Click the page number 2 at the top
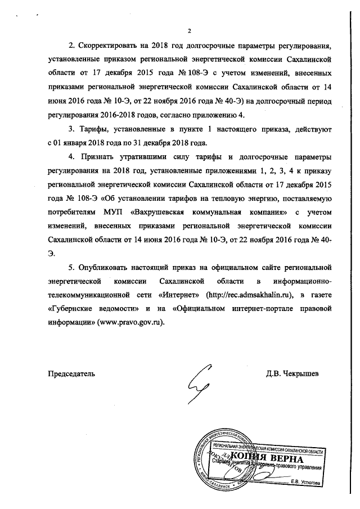pyautogui.click(x=190, y=30)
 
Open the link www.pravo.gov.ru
pyautogui.click(x=124, y=323)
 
